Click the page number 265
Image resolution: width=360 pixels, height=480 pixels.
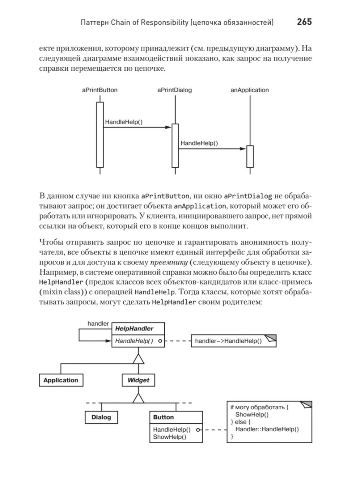click(x=304, y=22)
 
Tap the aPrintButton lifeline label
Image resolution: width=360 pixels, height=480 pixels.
click(x=100, y=90)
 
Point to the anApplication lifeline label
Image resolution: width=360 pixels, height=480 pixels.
click(x=250, y=90)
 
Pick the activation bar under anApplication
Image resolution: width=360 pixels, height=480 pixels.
click(x=250, y=156)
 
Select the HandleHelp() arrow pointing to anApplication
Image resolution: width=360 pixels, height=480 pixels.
click(x=212, y=149)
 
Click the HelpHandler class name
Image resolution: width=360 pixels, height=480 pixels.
click(x=134, y=328)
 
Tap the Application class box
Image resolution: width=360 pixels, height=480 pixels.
click(x=61, y=380)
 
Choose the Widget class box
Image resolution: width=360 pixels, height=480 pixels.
click(x=138, y=380)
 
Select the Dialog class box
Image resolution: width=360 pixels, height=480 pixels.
click(x=101, y=417)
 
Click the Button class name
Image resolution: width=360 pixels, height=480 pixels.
click(x=164, y=417)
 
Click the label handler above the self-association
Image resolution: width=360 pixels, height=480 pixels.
click(x=98, y=324)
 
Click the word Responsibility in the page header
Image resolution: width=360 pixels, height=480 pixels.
click(x=163, y=22)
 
